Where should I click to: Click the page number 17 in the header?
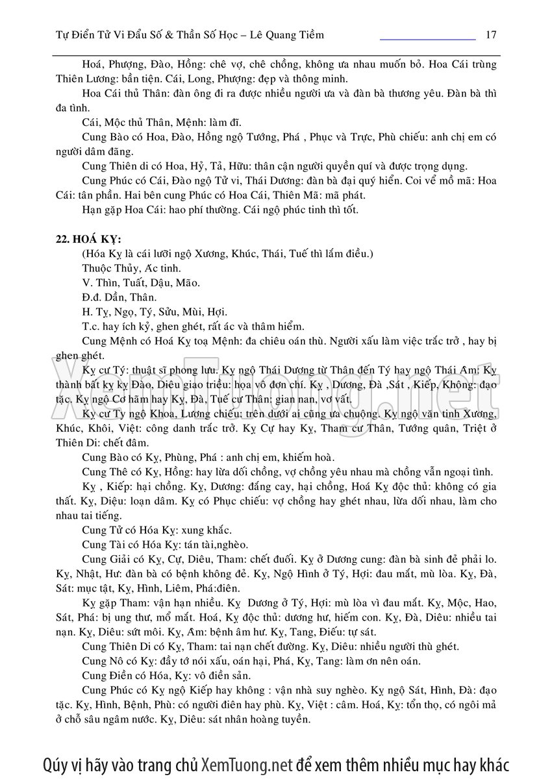pyautogui.click(x=492, y=34)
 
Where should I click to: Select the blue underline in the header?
pyautogui.click(x=427, y=40)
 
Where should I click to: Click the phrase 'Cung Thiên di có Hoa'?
pyautogui.click(x=132, y=166)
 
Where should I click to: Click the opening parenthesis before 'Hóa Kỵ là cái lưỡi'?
pyautogui.click(x=84, y=253)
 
